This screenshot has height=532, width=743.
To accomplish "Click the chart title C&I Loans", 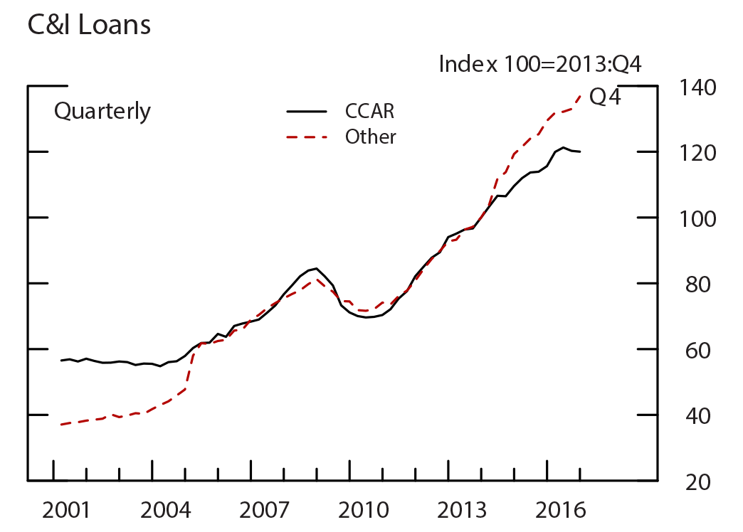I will (89, 25).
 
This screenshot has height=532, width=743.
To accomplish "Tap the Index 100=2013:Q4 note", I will (540, 64).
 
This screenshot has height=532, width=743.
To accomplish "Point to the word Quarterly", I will (102, 112).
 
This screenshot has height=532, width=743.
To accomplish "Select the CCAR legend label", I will (369, 111).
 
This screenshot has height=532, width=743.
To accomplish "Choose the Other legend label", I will (370, 137).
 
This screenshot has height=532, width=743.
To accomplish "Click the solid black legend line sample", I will (307, 112).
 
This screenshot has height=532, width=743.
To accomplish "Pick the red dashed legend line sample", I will (307, 137).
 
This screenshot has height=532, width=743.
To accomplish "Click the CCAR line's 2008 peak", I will (316, 268).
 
